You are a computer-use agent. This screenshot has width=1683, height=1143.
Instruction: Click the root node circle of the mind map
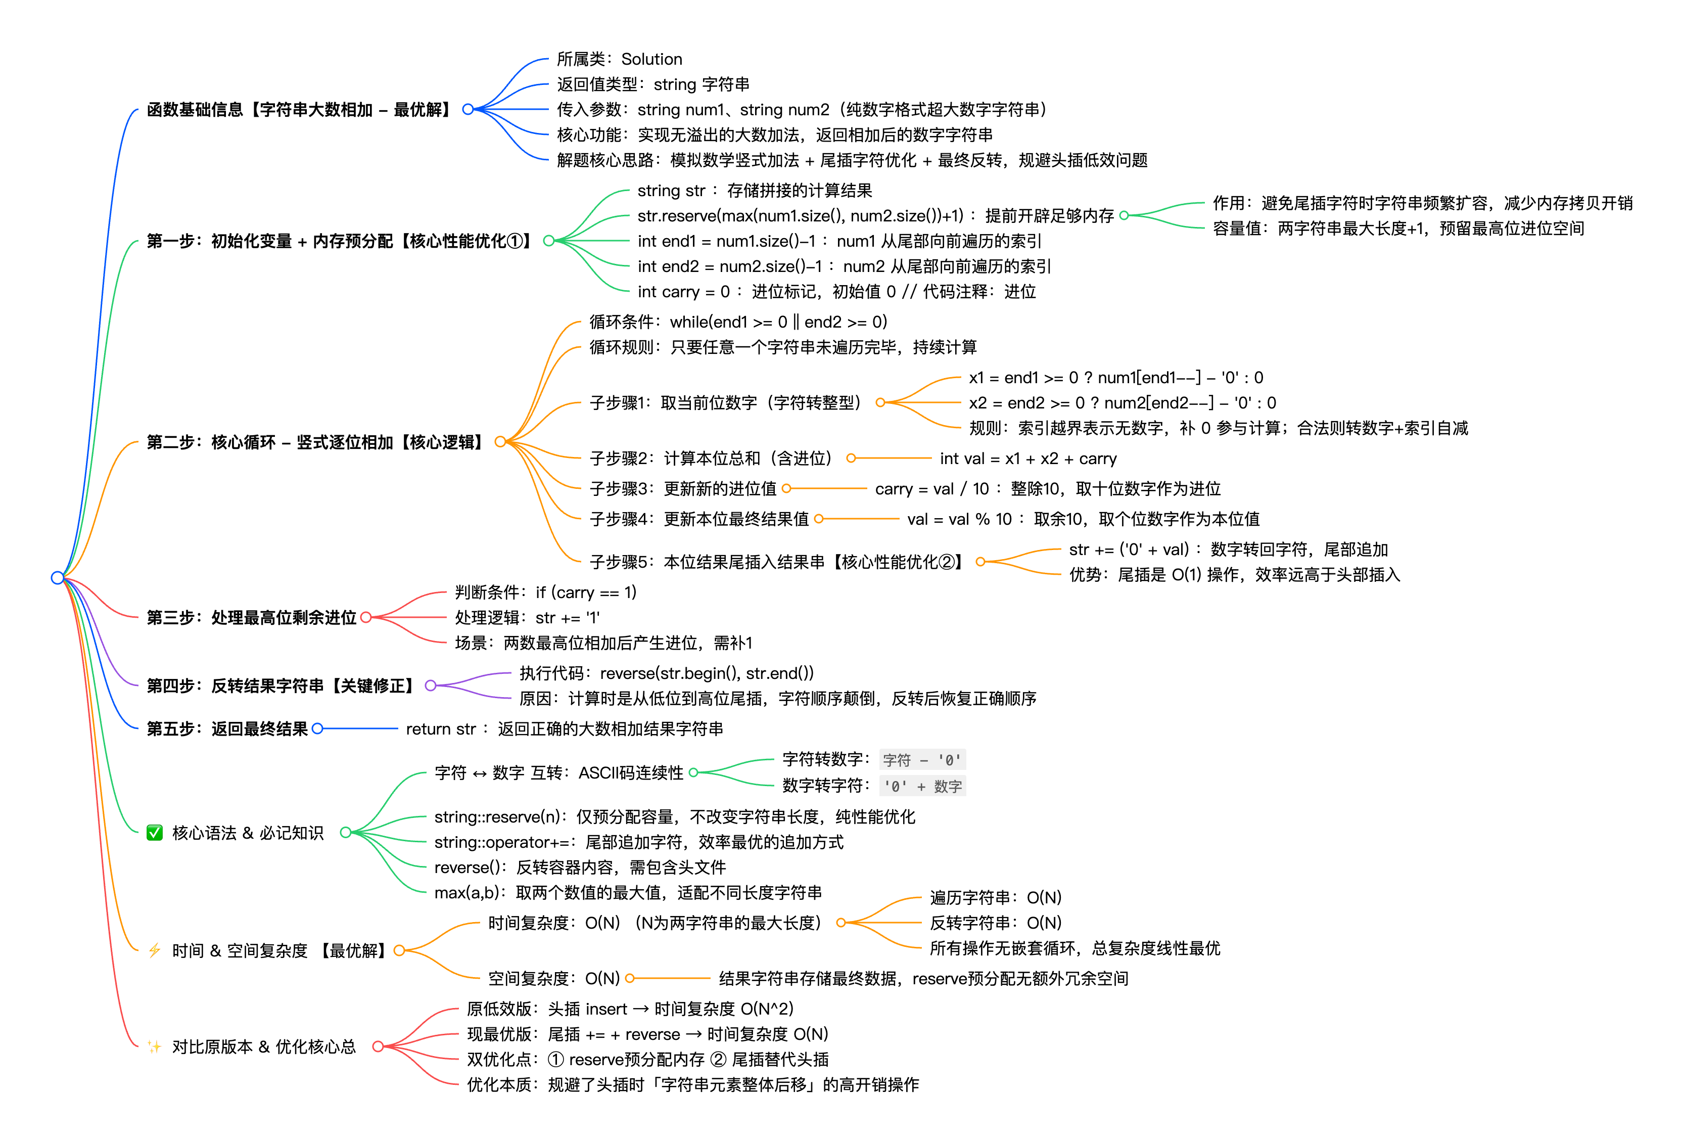57,577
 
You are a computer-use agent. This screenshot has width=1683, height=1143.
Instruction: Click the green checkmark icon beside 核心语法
154,833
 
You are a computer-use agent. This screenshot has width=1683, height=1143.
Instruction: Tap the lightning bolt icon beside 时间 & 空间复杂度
154,950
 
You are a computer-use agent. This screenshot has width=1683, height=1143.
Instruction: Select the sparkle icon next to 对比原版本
154,1046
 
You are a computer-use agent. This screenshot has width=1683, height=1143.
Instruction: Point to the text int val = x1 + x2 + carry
1027,459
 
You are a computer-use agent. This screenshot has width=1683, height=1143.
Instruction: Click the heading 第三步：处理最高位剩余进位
251,618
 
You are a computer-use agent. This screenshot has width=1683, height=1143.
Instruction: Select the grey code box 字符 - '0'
922,760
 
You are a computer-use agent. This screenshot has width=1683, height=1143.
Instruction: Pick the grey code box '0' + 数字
922,786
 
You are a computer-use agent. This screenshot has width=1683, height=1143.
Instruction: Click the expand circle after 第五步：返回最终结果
317,728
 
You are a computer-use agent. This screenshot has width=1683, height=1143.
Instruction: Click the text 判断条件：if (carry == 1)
545,592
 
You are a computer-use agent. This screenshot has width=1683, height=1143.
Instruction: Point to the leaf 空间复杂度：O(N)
553,979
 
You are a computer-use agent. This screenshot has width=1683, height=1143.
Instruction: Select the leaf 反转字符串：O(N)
995,923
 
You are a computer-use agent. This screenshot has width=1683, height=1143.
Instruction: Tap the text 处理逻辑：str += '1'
527,618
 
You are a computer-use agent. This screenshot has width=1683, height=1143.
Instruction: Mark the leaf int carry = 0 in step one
836,292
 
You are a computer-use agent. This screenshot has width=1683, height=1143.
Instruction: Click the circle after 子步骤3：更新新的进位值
786,489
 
